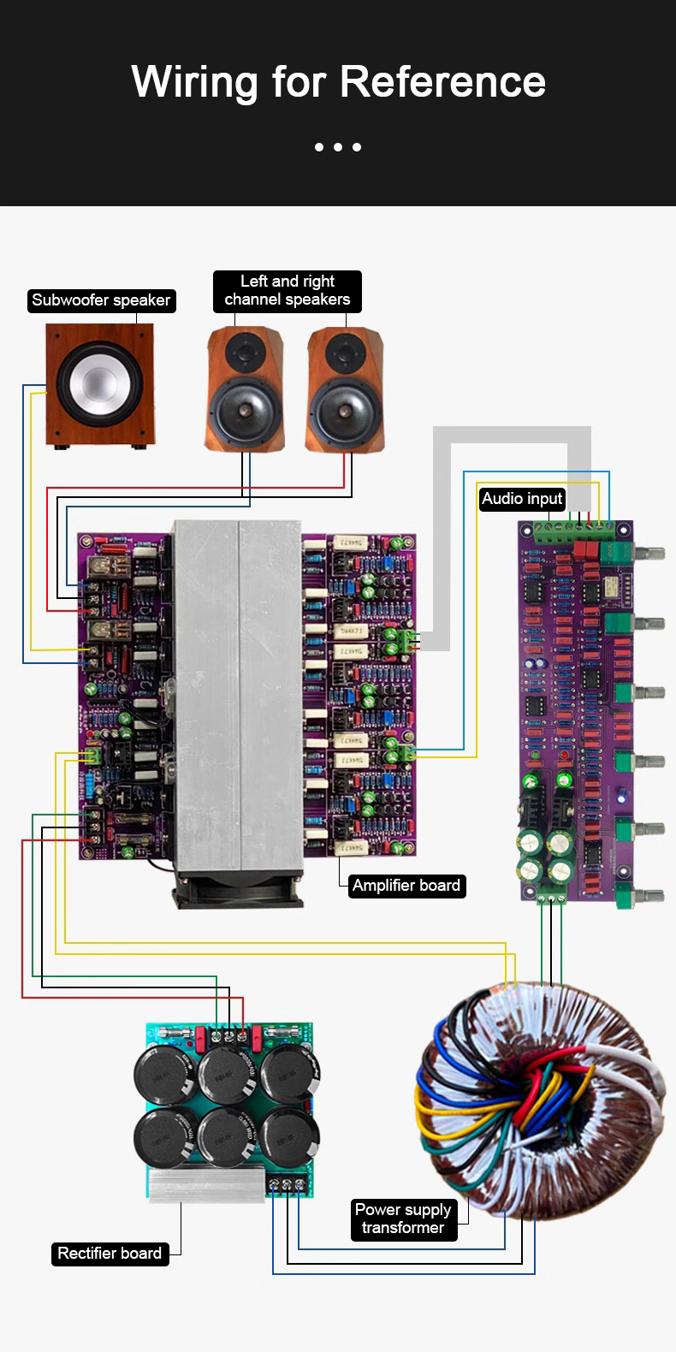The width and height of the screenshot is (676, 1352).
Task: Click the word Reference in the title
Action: [x=442, y=82]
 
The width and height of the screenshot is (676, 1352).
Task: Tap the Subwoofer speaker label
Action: [x=101, y=300]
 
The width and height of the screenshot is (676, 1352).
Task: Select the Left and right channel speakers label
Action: [x=287, y=291]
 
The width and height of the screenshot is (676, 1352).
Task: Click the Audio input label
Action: [x=522, y=499]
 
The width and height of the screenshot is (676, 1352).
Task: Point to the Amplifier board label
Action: [x=406, y=886]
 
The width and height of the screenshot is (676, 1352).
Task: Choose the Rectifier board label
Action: [x=110, y=1254]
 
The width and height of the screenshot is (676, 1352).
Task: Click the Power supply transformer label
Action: [x=403, y=1219]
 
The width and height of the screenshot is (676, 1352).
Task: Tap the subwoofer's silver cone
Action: [x=99, y=382]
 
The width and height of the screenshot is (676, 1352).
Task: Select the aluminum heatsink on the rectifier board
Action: [x=206, y=1184]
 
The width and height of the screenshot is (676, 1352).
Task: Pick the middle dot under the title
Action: [x=338, y=147]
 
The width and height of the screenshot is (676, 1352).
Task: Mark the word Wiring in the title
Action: [x=194, y=82]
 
